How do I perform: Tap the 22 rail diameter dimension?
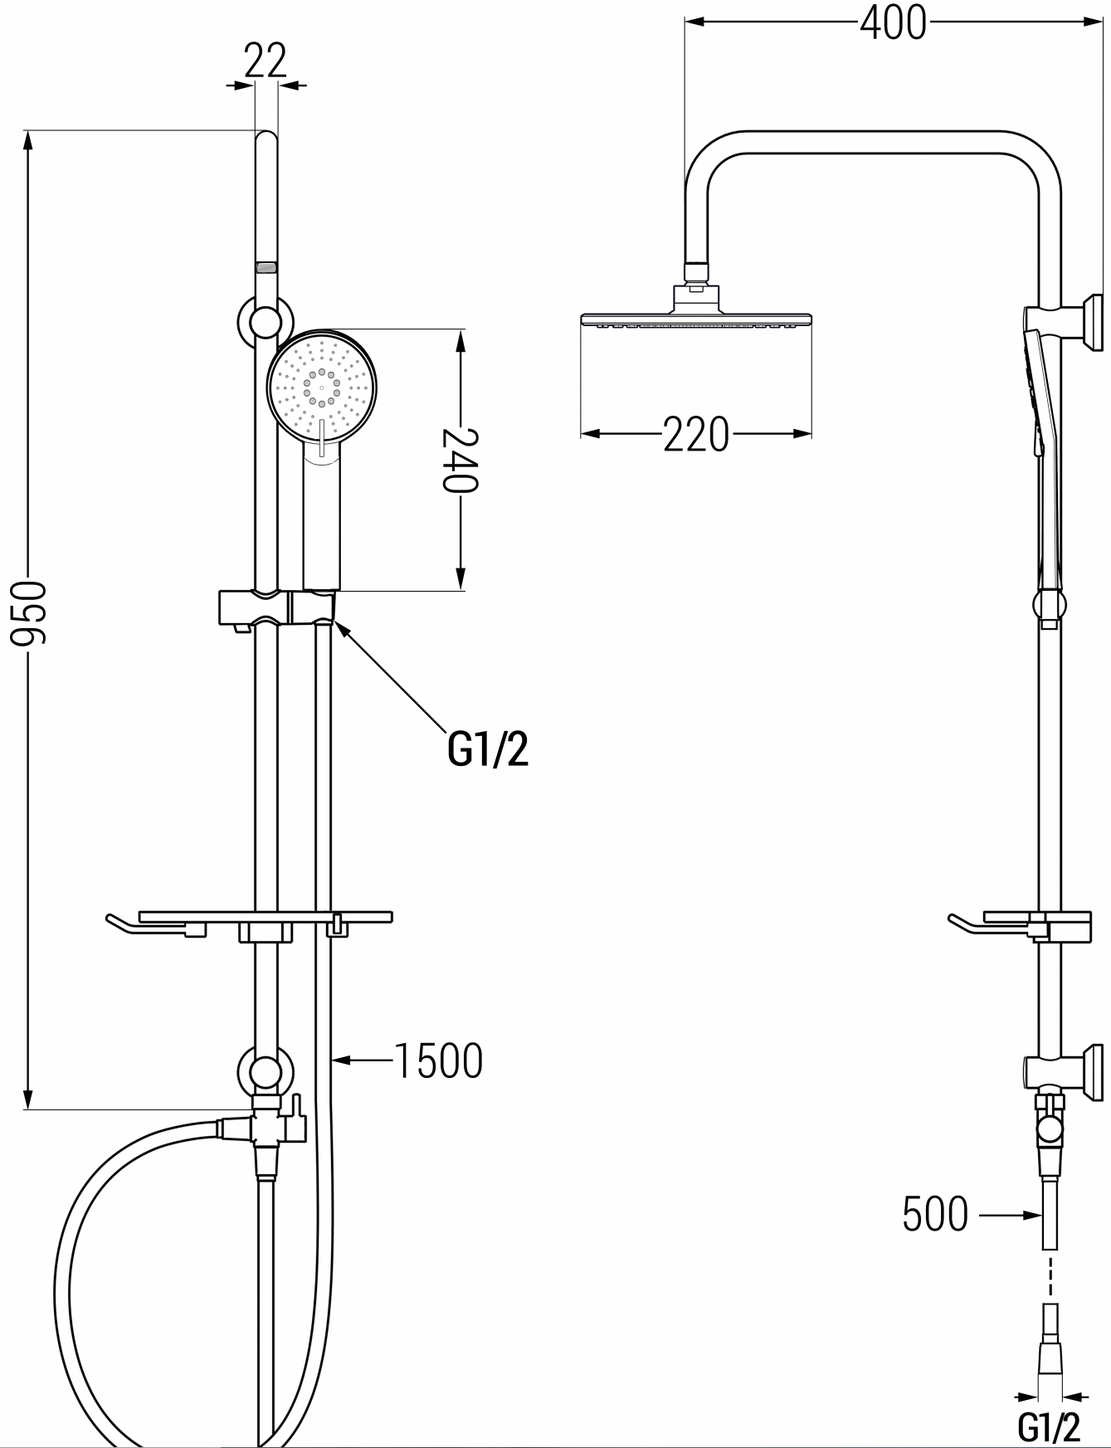coord(266,60)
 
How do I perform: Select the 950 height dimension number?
coord(30,613)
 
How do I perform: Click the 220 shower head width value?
coord(696,434)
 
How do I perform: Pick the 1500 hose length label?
coord(438,1060)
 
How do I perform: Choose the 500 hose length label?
coord(935,1215)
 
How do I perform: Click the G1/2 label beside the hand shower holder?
coord(488,750)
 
